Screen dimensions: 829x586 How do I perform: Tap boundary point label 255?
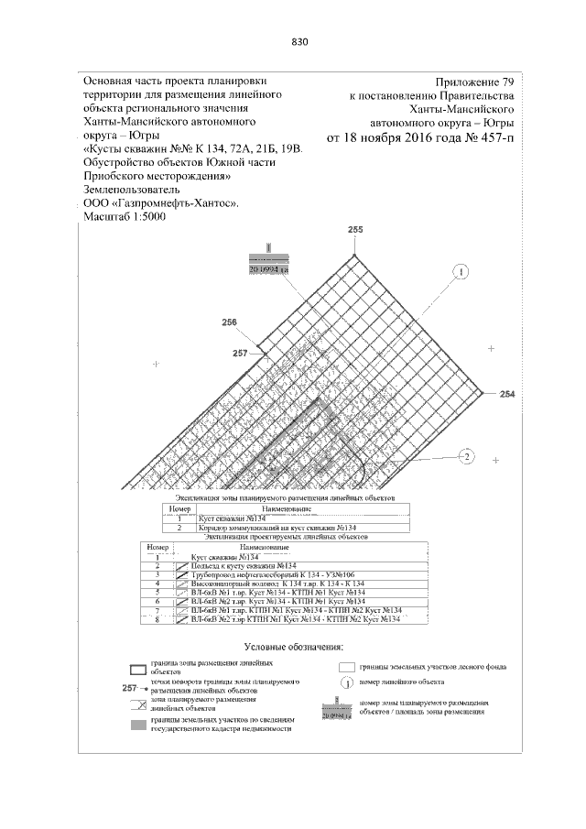click(356, 229)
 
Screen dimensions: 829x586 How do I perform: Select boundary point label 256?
click(230, 322)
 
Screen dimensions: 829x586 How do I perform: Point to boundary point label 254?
click(508, 393)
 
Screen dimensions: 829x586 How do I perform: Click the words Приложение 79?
click(476, 82)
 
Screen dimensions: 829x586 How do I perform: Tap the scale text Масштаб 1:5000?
click(126, 217)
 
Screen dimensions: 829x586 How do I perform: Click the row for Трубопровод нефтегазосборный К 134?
click(275, 573)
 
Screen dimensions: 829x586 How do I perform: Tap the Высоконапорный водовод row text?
click(275, 583)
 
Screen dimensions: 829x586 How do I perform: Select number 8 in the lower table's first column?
click(158, 619)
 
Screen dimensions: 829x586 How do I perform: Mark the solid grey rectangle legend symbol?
click(136, 725)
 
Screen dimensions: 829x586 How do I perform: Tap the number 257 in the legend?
click(129, 687)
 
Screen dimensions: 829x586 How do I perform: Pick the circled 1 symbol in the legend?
click(347, 682)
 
